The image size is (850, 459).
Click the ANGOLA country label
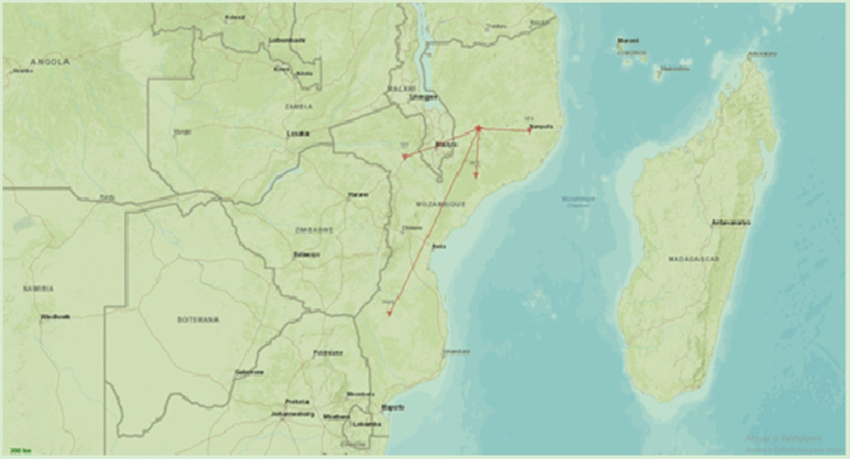click(49, 62)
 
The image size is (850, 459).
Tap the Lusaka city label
click(297, 134)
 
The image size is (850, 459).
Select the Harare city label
click(358, 195)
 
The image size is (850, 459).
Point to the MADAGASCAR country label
click(693, 259)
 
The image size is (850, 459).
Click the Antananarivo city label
click(731, 222)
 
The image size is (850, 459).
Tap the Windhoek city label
click(55, 317)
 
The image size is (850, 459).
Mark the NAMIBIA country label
click(38, 289)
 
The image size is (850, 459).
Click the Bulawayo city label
click(307, 255)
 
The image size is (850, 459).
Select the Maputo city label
click(393, 408)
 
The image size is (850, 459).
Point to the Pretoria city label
click(297, 402)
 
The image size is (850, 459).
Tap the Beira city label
click(439, 246)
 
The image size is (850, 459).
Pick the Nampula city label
click(541, 126)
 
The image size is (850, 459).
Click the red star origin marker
click(478, 128)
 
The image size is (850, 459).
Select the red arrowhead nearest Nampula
click(529, 130)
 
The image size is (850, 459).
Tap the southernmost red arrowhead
click(389, 314)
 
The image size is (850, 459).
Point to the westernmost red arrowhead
click(405, 157)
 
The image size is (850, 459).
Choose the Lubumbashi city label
click(287, 40)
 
